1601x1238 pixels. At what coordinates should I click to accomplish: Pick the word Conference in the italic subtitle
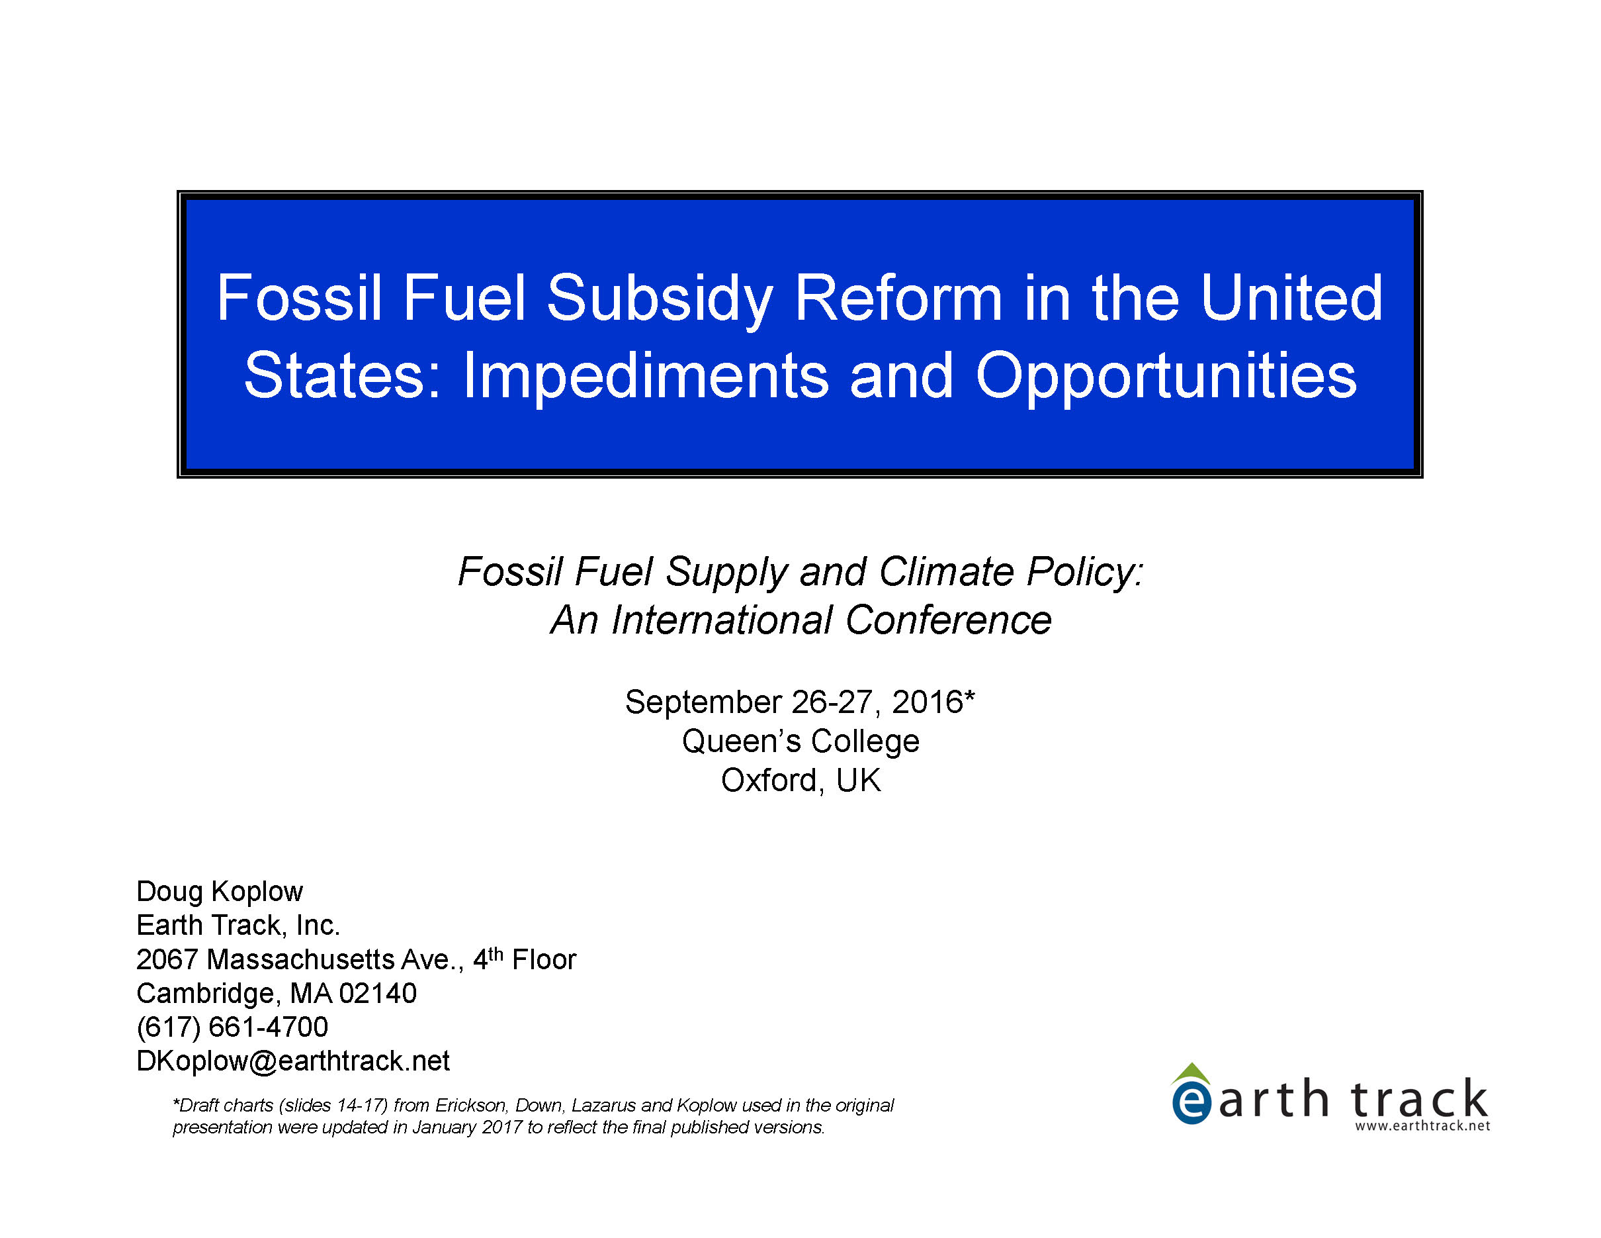949,620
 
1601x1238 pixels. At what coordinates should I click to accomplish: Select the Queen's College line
800,741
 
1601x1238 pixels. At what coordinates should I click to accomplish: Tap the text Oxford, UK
800,781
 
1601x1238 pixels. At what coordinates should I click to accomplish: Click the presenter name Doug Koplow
219,892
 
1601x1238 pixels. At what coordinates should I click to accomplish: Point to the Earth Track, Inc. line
238,926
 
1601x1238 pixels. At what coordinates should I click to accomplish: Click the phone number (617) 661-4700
232,1027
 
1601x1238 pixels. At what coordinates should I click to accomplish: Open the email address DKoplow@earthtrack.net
293,1061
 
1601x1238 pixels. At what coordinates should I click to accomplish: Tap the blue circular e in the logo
1191,1103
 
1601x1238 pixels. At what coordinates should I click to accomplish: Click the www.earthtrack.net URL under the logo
1422,1126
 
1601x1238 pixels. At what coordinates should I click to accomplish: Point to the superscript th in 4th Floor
496,953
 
